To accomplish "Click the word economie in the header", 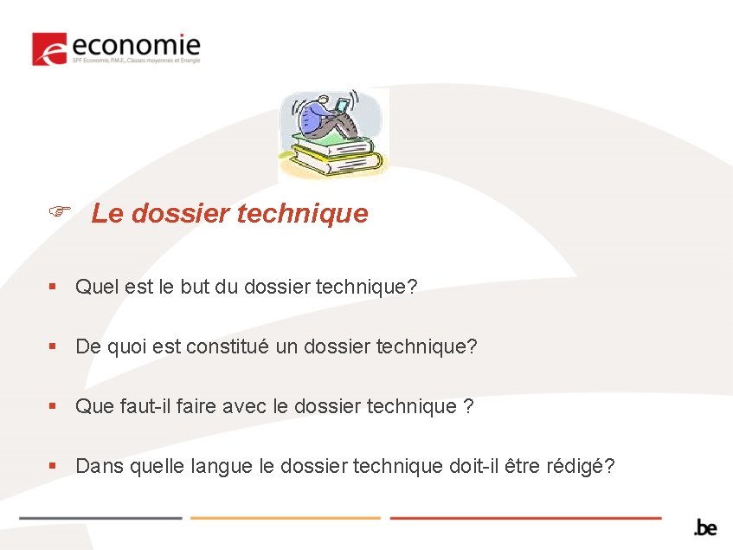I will point(137,45).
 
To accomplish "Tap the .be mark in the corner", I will point(705,527).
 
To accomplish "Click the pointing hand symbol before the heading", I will point(59,211).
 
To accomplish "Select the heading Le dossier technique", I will point(229,213).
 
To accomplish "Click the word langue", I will point(229,466).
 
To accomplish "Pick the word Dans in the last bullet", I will point(98,466).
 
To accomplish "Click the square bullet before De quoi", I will point(53,346).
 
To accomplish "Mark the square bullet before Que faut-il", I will point(53,406).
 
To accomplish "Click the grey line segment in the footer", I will point(100,518).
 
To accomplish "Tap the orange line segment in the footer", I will point(285,518).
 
